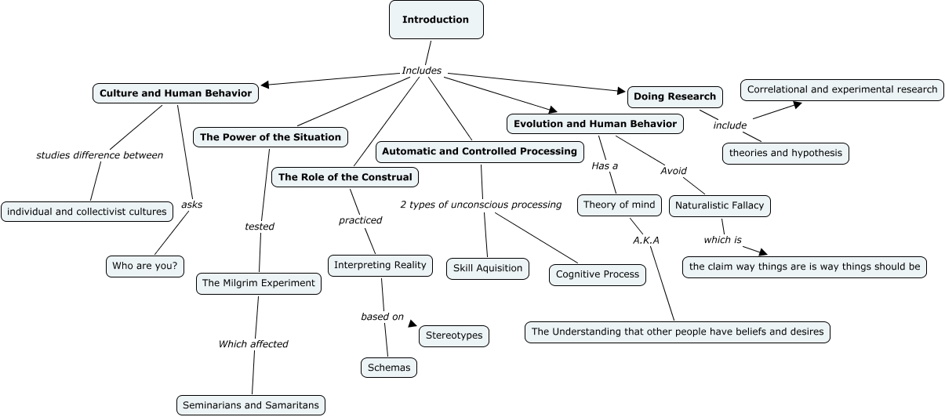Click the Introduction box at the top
(436, 20)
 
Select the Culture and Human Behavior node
(176, 93)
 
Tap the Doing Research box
(674, 96)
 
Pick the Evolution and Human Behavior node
(594, 124)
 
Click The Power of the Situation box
(270, 137)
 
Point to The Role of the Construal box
(344, 177)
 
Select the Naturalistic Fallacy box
(719, 206)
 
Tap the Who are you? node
(144, 267)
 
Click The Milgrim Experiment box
(258, 283)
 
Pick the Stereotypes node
(455, 336)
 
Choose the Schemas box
(388, 367)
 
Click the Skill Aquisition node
(488, 268)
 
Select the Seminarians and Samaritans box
(250, 405)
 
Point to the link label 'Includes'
(422, 71)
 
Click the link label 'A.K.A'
(646, 240)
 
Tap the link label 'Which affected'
(253, 344)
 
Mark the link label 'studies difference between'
(100, 155)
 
